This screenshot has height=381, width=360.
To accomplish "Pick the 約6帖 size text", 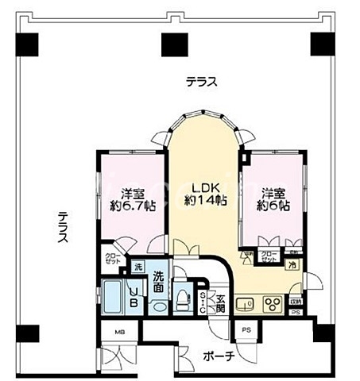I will [x=273, y=205].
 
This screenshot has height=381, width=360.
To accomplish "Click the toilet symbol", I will [x=183, y=297].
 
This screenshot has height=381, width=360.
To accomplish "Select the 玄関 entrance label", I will [x=220, y=303].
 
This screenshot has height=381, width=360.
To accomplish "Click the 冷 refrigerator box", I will [x=292, y=265].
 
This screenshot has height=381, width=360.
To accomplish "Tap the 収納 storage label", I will [x=296, y=301].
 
